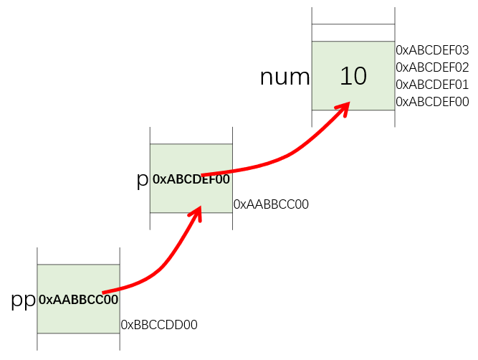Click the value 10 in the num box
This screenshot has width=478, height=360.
tap(353, 75)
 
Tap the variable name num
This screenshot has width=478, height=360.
tap(285, 77)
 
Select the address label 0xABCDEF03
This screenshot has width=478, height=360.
tap(432, 50)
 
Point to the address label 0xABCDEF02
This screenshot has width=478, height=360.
tap(432, 67)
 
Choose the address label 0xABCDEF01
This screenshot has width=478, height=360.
tap(432, 85)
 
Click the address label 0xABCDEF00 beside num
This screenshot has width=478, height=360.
tap(432, 102)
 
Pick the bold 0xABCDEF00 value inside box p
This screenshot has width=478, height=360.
tap(191, 179)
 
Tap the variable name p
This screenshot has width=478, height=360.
tap(142, 180)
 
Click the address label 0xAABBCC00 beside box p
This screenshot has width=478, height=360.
tap(271, 204)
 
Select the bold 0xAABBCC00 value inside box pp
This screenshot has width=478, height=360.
tap(79, 300)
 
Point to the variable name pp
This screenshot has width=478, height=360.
tap(23, 300)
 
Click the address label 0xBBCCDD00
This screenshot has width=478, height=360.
tap(159, 325)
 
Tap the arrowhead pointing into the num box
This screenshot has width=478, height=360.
tap(343, 108)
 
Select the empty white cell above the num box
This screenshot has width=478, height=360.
tap(353, 32)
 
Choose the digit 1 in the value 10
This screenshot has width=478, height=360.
tap(345, 75)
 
